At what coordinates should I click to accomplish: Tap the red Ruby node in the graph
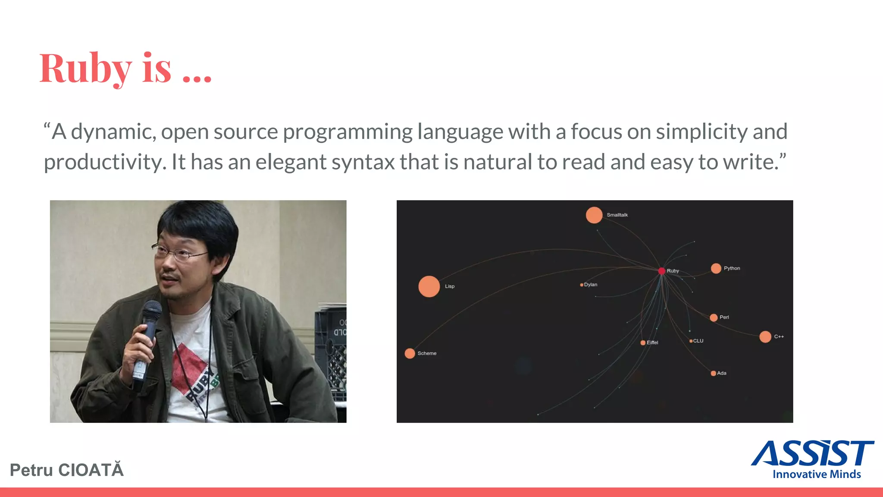661,271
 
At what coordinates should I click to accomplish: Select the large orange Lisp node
429,286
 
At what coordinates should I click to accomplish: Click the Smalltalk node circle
594,215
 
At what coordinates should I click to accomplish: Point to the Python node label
732,268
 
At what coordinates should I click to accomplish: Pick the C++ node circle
765,337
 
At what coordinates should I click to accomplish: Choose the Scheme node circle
410,353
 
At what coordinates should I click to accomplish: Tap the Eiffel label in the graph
652,343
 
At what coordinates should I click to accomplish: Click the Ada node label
722,373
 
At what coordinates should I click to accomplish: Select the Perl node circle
714,318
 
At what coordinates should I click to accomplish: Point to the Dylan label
591,285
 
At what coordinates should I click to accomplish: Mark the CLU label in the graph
698,341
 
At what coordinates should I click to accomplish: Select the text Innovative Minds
817,474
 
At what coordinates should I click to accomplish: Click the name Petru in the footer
31,470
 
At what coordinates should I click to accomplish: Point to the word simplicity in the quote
701,132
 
